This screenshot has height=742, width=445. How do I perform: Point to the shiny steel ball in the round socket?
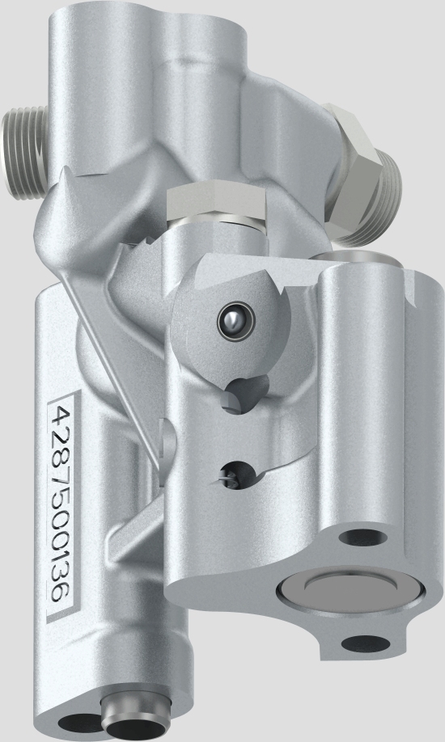coord(231,323)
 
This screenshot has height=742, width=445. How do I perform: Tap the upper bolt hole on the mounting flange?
coord(354,537)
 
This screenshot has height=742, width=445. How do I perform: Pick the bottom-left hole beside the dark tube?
coord(77,723)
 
